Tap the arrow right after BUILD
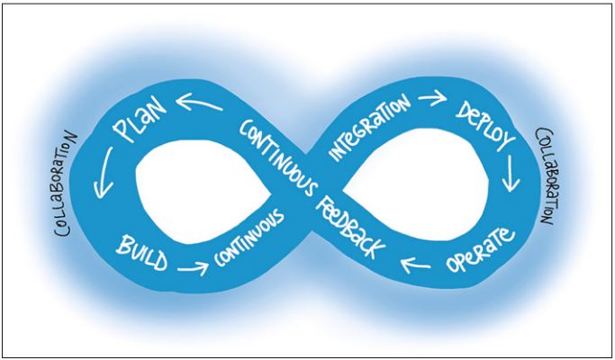[191, 267]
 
